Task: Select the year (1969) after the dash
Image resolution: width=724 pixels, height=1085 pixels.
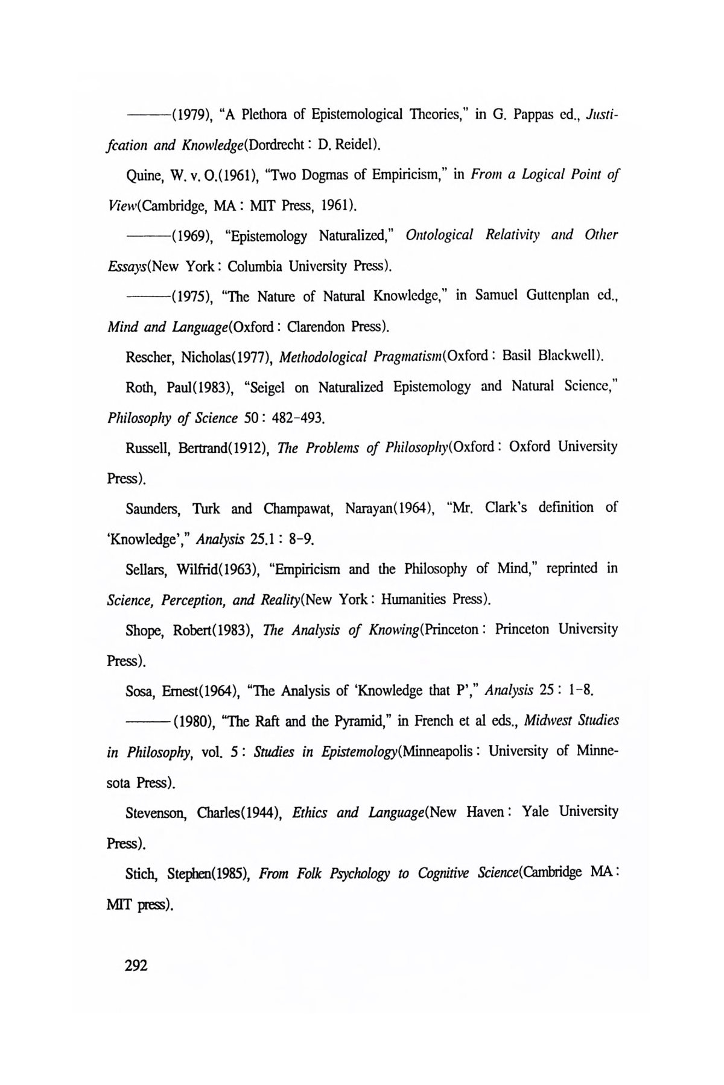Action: [191, 236]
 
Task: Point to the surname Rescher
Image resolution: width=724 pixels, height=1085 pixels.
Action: [150, 357]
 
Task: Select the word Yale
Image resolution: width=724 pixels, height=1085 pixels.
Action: [535, 812]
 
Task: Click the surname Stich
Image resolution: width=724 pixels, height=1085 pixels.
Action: [141, 873]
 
